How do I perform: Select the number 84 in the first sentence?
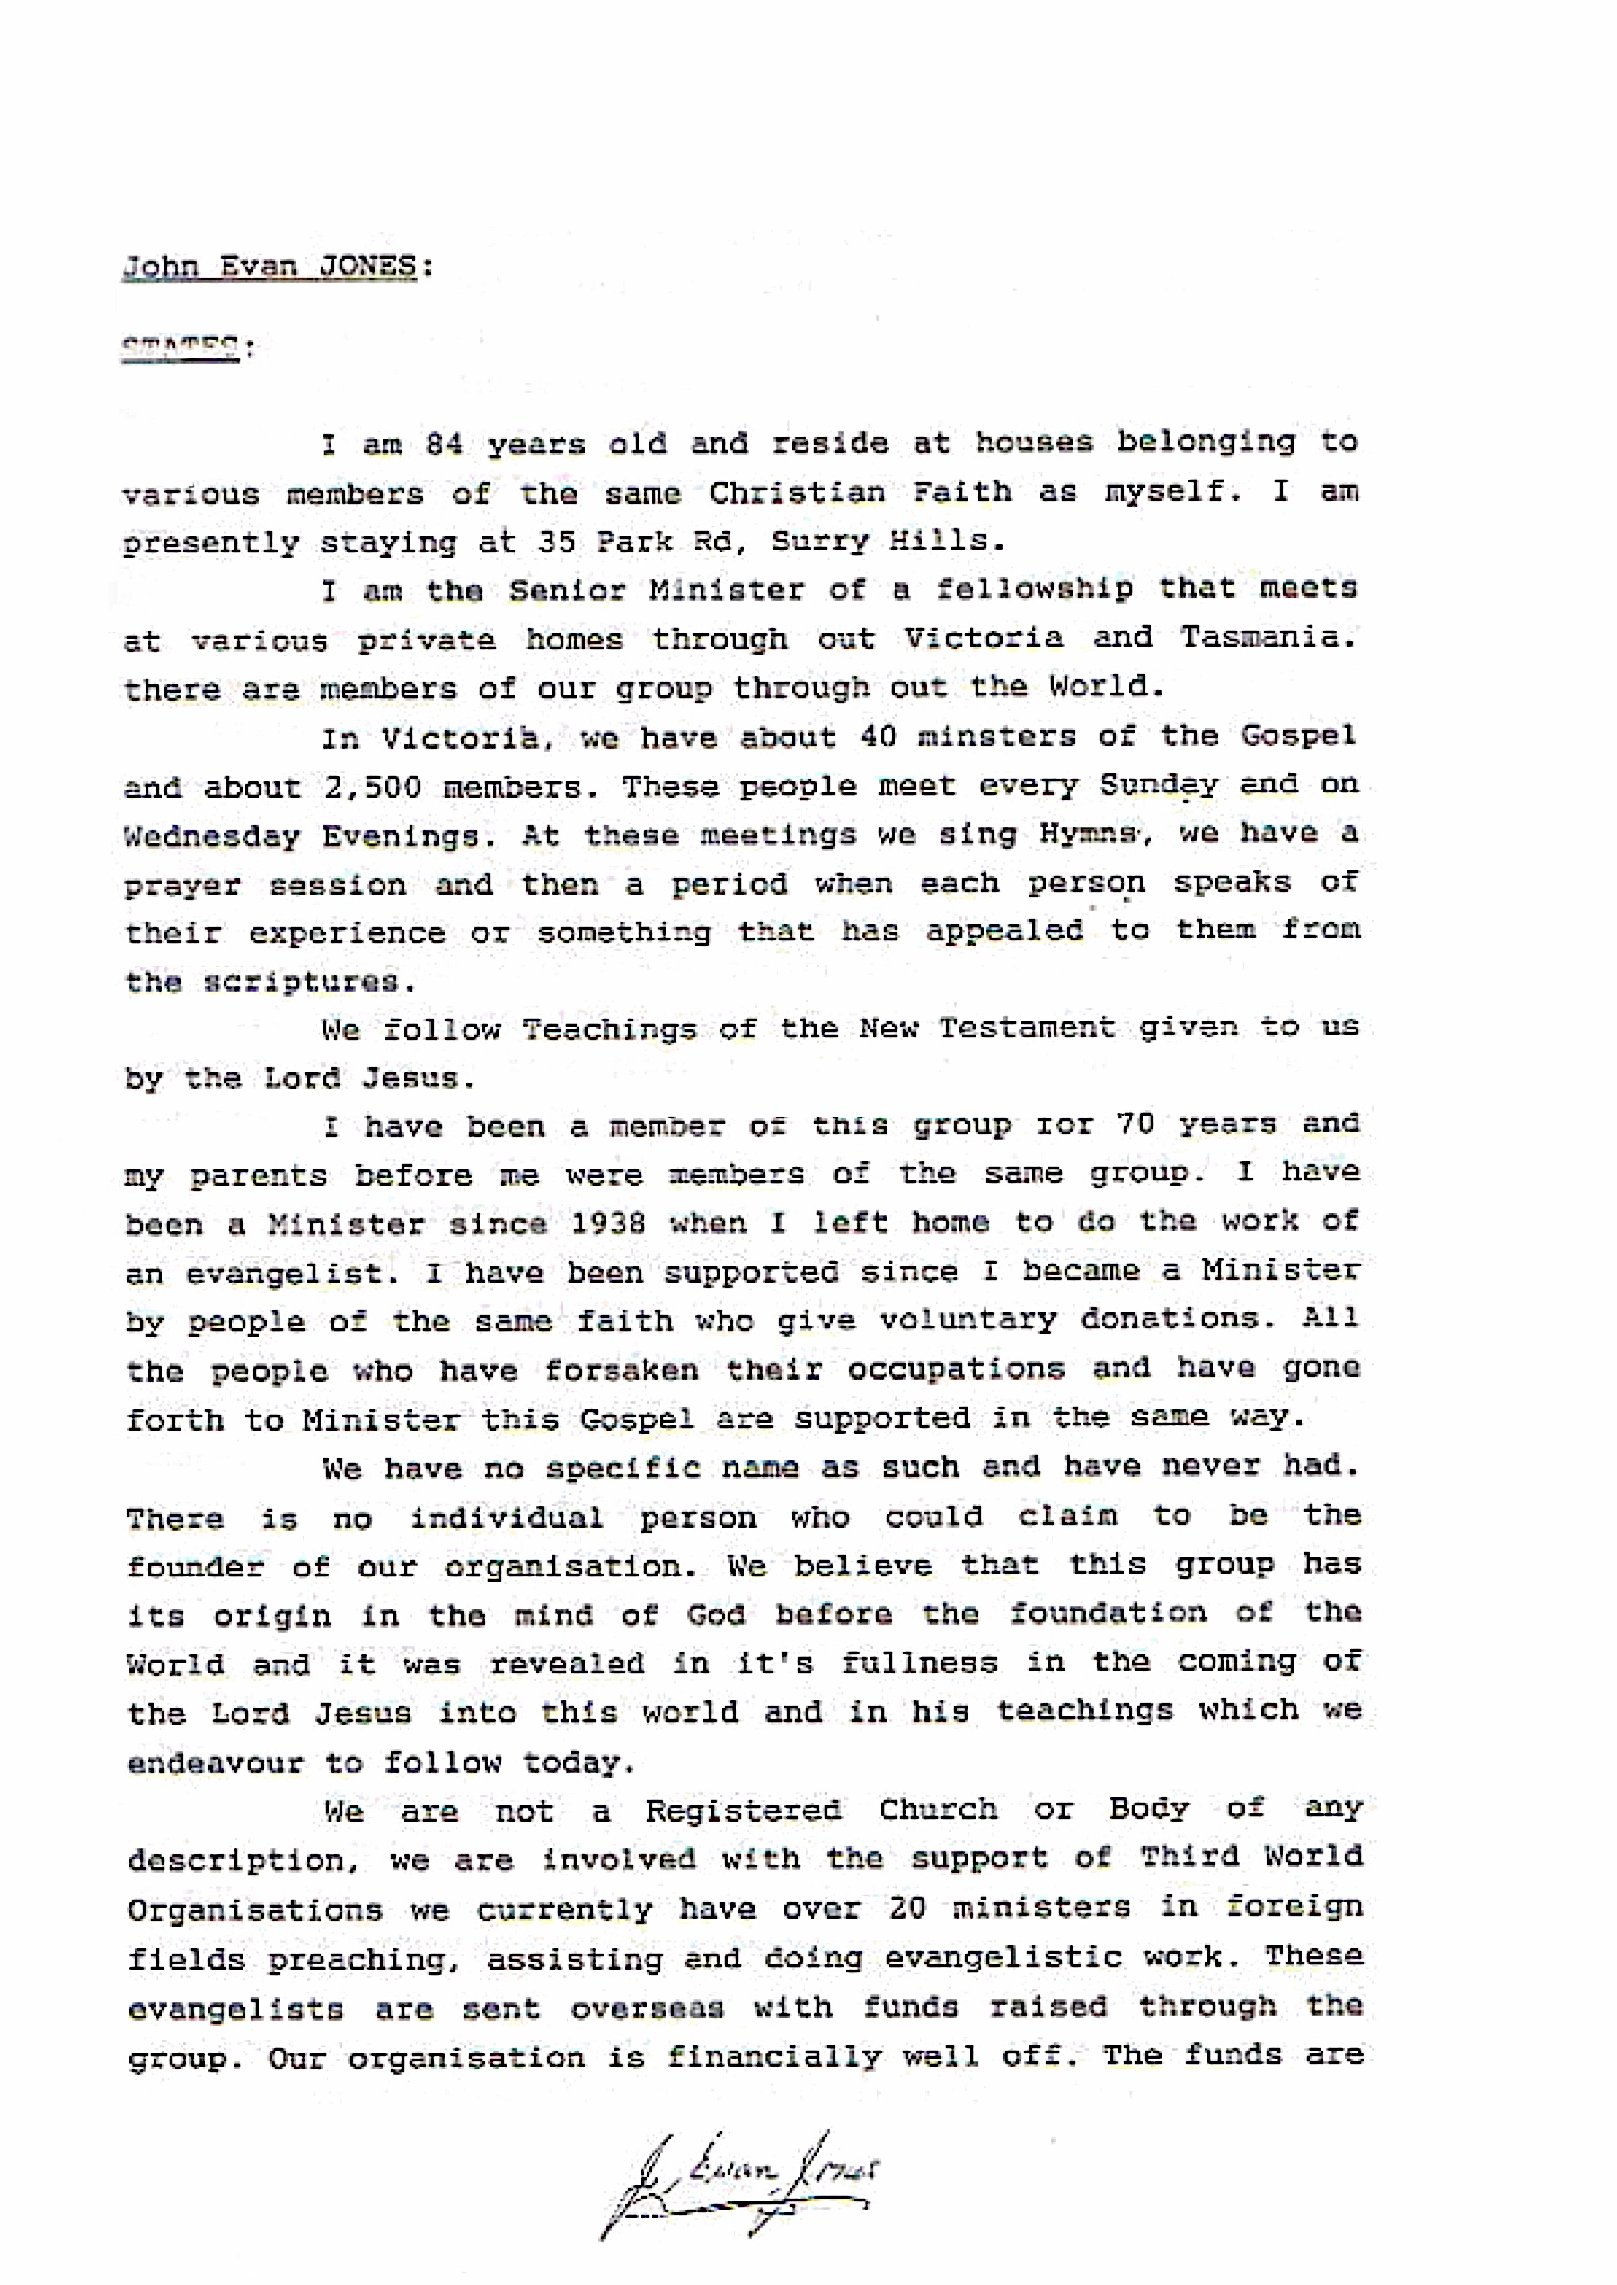coord(443,443)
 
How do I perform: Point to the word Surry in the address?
coord(819,541)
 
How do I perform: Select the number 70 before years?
coord(1134,1125)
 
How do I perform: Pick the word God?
coord(715,1614)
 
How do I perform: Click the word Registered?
coord(742,1810)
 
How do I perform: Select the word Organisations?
coord(255,1910)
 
